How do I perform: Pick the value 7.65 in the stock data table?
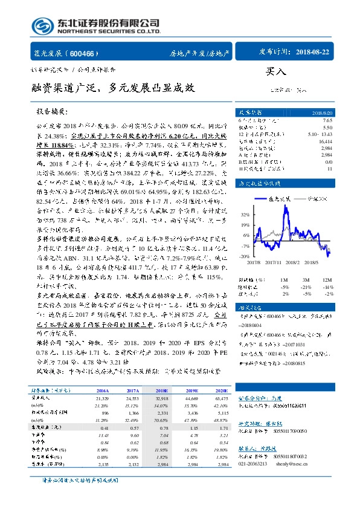[x=327, y=122]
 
